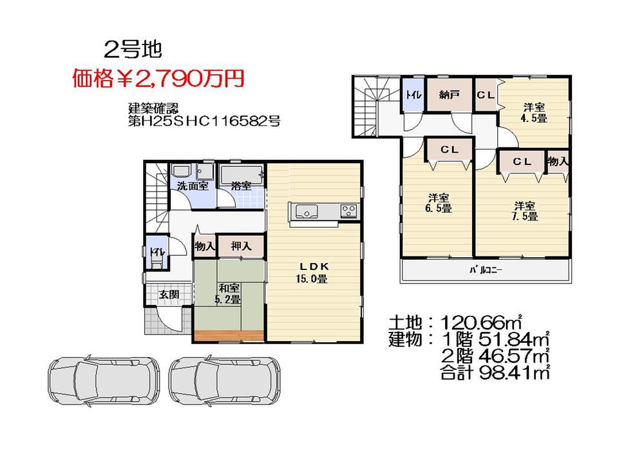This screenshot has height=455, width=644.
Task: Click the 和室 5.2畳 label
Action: [x=228, y=293]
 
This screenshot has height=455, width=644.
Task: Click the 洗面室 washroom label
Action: [x=193, y=186]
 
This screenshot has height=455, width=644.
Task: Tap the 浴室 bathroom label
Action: [x=241, y=186]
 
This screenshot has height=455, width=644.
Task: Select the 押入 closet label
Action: [x=240, y=246]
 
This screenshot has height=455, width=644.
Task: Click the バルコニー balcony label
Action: [x=485, y=271]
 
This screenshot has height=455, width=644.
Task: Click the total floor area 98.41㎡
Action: [x=513, y=371]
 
